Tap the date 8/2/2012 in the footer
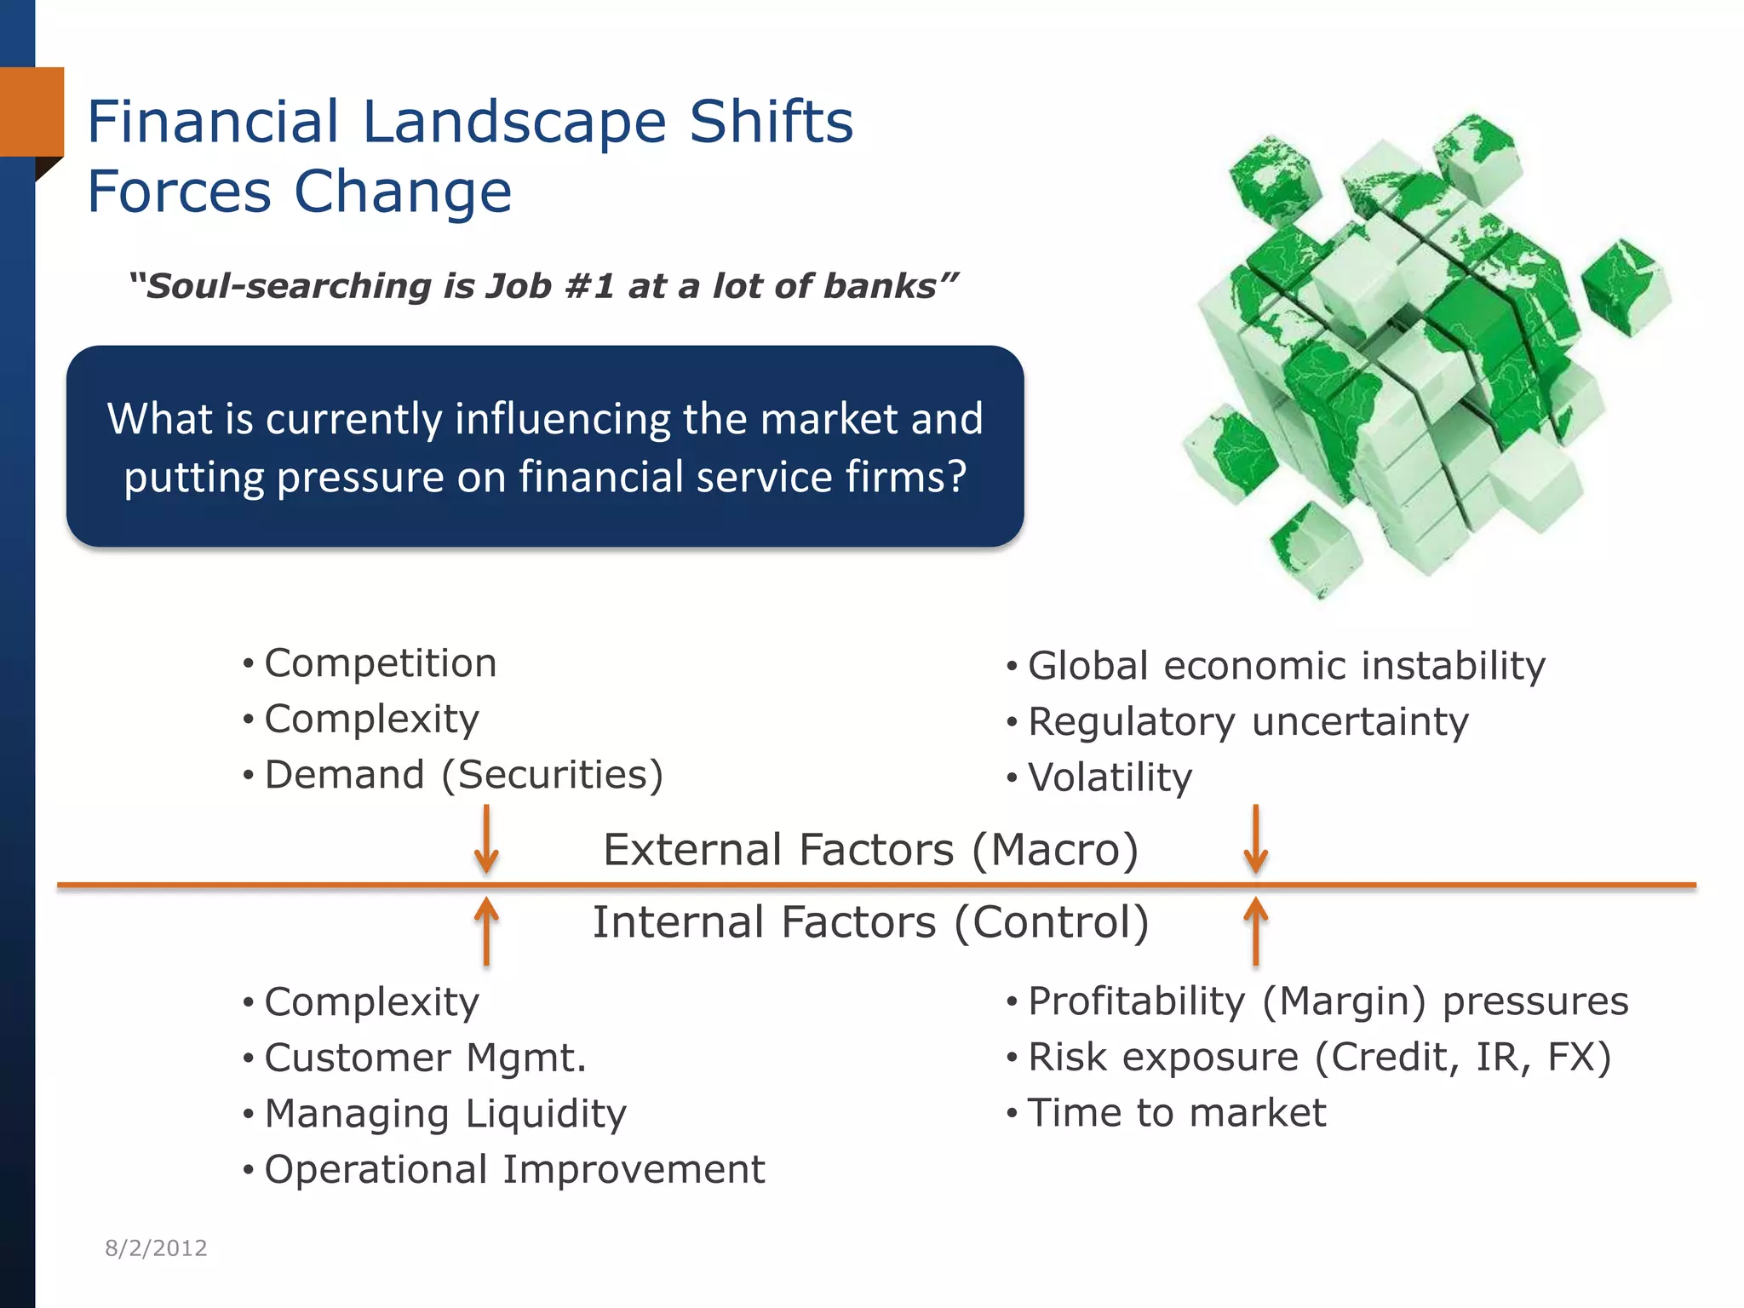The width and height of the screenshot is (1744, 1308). point(156,1248)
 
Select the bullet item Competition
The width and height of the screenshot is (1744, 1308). point(380,663)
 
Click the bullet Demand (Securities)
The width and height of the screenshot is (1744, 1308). point(463,775)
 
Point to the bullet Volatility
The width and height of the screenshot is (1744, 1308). point(1110,777)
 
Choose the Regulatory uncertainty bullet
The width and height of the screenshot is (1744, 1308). point(1248,722)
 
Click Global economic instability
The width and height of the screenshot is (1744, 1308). point(1286,666)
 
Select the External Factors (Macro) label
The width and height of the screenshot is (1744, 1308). point(870,850)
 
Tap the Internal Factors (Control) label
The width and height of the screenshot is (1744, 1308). point(870,923)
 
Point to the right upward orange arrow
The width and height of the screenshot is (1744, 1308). point(1255,932)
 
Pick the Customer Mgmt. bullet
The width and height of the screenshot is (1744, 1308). point(425,1058)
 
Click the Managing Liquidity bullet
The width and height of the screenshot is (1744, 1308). point(445,1114)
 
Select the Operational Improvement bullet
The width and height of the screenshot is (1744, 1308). point(514,1170)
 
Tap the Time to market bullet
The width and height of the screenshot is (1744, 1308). point(1176,1113)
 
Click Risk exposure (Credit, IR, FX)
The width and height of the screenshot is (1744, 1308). point(1319,1058)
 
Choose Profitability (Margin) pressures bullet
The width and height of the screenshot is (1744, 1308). point(1328,1001)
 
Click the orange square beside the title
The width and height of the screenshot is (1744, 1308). point(32,112)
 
